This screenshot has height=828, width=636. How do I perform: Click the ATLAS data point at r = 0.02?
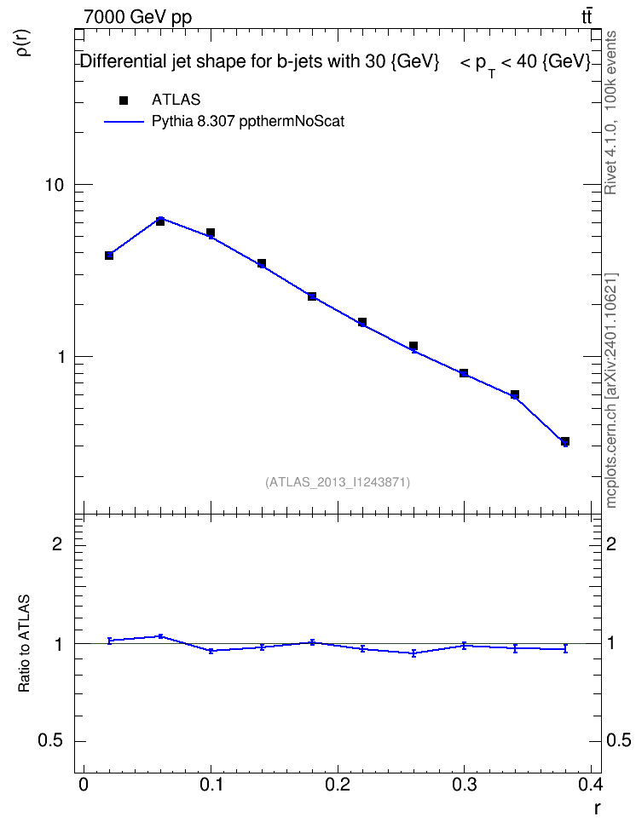click(109, 256)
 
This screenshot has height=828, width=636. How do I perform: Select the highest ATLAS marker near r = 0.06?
click(160, 221)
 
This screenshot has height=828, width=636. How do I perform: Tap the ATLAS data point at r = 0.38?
click(565, 441)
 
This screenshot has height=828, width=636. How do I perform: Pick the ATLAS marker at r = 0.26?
click(413, 346)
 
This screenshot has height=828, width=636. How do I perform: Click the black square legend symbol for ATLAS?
click(124, 101)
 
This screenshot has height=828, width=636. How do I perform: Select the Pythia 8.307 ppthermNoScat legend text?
click(248, 122)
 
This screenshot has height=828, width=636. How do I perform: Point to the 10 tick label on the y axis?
click(55, 186)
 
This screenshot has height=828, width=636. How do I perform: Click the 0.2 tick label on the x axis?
click(338, 785)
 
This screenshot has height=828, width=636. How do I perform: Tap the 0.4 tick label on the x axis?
click(590, 785)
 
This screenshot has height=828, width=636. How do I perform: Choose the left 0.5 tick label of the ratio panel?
click(50, 741)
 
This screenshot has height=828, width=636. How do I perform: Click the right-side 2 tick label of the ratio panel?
click(611, 543)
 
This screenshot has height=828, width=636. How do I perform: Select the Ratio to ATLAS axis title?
click(24, 644)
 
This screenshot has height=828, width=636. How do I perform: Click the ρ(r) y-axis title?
click(25, 43)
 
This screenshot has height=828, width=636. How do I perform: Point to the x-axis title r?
click(598, 808)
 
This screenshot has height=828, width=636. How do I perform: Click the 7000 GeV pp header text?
click(137, 17)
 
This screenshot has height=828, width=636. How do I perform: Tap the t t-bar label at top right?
click(587, 16)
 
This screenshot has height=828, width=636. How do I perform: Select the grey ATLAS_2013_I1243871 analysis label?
click(338, 482)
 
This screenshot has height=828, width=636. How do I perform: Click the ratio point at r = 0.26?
click(414, 653)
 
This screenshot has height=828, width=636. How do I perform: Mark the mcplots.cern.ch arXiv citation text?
click(611, 390)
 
